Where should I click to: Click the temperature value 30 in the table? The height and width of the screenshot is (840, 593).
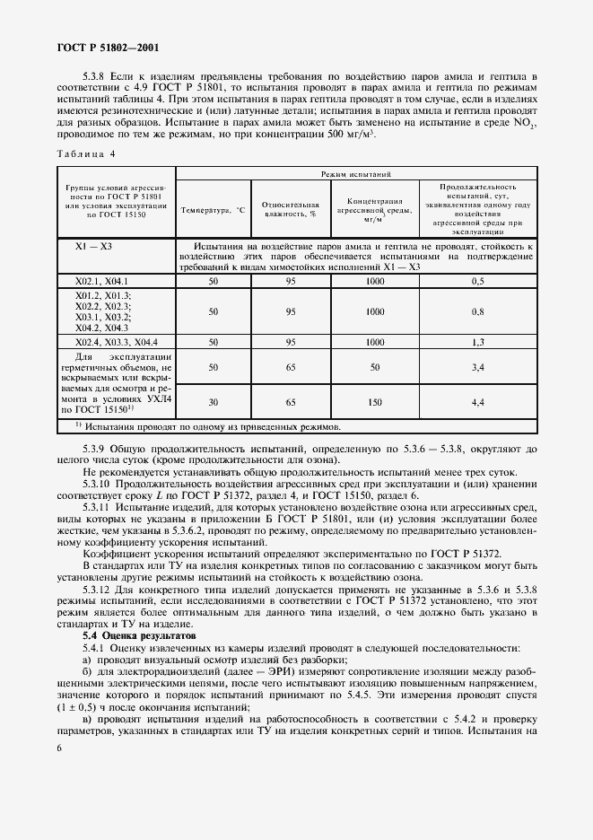tap(213, 404)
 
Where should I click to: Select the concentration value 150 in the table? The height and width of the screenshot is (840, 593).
tap(374, 404)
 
